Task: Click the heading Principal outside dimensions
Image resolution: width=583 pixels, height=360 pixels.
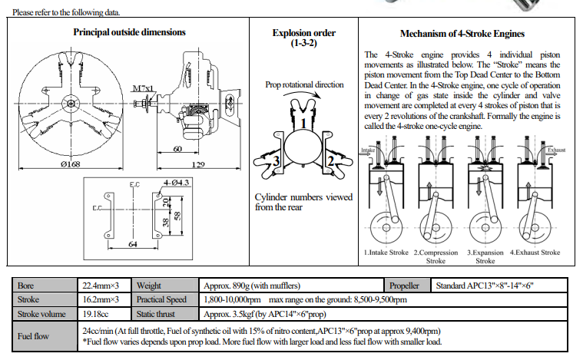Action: (129, 32)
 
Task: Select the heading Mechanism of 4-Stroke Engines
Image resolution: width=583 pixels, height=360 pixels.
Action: (462, 34)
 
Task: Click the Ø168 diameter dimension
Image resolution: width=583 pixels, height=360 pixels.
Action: (69, 165)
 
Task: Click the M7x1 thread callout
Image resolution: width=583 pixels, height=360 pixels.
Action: (142, 89)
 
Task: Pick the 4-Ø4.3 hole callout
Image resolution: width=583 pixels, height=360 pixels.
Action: (175, 183)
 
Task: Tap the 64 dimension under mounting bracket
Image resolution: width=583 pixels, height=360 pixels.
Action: (133, 244)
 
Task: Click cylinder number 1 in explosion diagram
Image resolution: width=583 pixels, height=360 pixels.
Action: (304, 122)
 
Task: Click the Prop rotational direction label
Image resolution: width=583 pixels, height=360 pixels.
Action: (304, 84)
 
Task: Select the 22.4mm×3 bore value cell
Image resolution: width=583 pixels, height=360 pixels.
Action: (100, 285)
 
